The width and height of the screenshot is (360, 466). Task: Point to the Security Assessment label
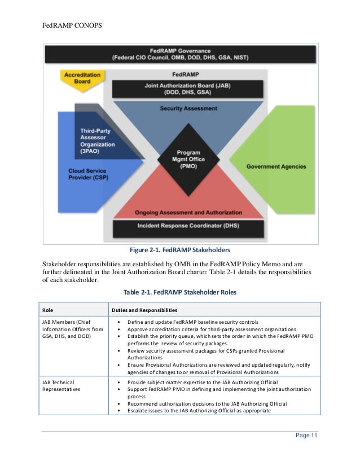coord(188,107)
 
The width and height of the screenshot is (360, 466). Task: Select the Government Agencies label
coord(276,166)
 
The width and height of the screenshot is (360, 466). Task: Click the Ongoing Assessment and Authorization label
coord(188,213)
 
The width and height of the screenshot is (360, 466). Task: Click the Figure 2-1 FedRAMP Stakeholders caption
coord(180,250)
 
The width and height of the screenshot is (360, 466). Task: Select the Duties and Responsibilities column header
coord(144,310)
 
